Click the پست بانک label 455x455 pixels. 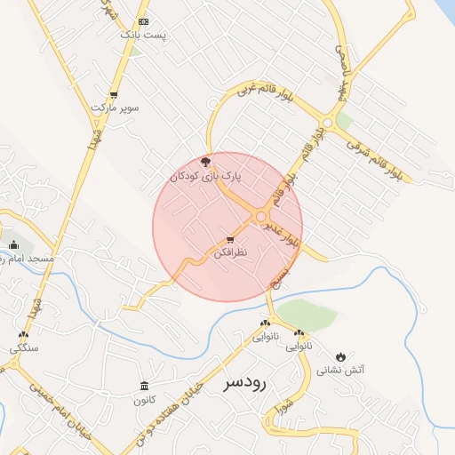[x=143, y=36]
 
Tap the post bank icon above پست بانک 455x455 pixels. [x=144, y=21]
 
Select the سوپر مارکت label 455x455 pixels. [x=115, y=108]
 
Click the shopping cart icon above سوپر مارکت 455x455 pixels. [x=114, y=94]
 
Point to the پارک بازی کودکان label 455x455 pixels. [x=205, y=177]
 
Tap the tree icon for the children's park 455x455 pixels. [x=206, y=162]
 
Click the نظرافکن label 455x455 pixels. [x=231, y=254]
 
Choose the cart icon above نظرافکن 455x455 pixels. [x=231, y=240]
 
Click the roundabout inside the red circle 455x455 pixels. [x=261, y=217]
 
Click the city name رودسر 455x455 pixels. [x=245, y=382]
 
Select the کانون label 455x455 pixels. [x=144, y=400]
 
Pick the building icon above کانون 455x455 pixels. [x=144, y=386]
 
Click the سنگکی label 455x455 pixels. [x=24, y=349]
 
